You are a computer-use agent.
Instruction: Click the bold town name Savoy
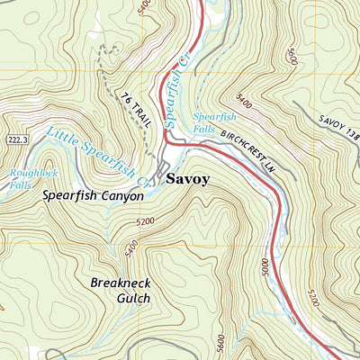coord(187,179)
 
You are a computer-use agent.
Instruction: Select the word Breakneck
coord(121,283)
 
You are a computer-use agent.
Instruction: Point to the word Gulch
coord(121,299)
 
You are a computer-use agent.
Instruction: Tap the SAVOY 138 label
coord(337,130)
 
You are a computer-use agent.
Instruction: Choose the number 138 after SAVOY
coord(352,137)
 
